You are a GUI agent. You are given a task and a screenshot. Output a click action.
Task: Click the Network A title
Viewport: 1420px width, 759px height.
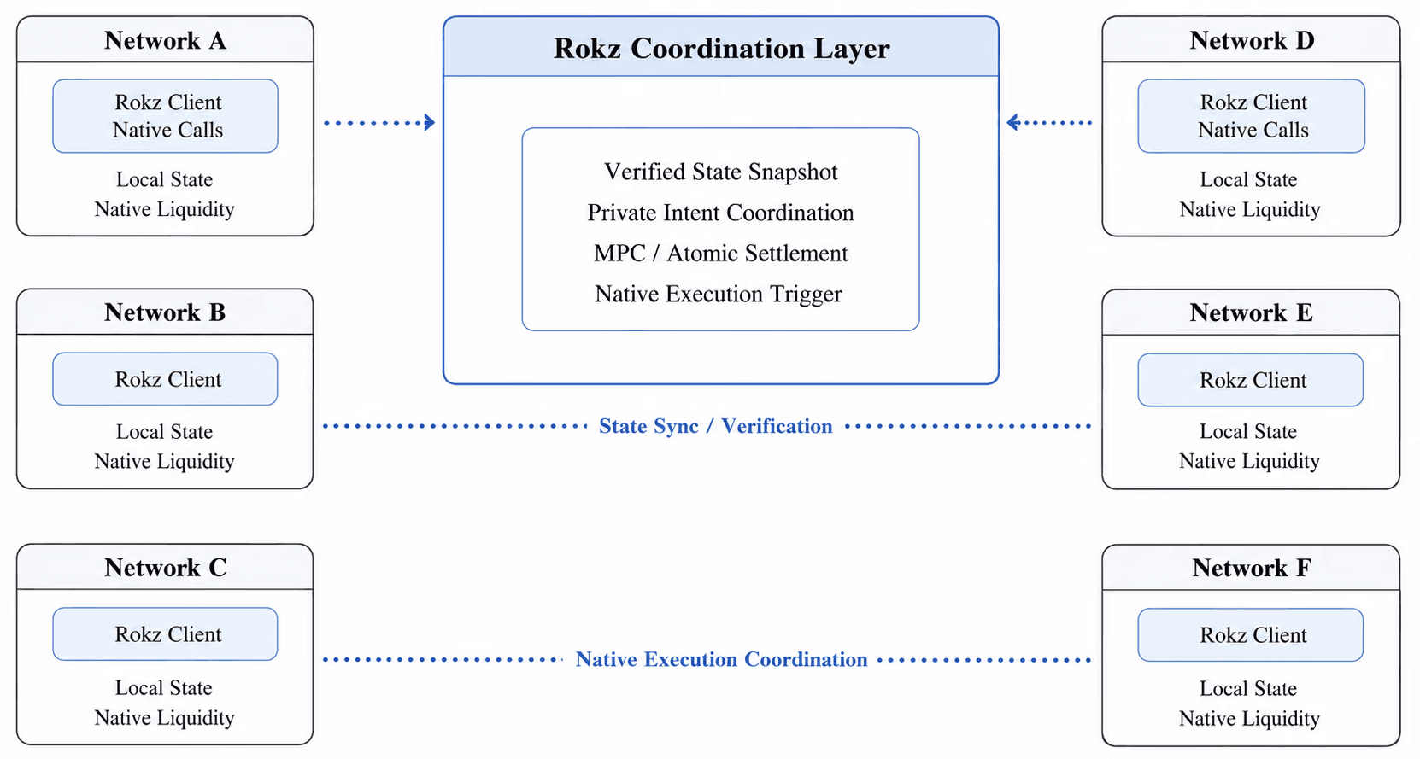click(x=165, y=40)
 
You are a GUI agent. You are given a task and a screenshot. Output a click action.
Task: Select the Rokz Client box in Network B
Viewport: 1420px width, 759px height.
click(x=166, y=379)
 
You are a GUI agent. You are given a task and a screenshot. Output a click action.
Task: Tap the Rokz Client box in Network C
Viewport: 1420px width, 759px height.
click(x=166, y=634)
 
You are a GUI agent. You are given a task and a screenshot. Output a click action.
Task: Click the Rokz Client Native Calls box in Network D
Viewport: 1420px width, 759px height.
click(x=1252, y=116)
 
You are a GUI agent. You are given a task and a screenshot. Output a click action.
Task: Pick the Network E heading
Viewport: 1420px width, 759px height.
click(x=1251, y=312)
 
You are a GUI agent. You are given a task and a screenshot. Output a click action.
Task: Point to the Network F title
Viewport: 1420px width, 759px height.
click(x=1252, y=568)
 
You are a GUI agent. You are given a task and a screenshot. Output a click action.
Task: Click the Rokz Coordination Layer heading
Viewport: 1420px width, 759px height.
click(x=721, y=49)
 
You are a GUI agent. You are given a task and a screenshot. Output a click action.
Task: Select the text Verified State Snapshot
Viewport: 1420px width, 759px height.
click(x=721, y=172)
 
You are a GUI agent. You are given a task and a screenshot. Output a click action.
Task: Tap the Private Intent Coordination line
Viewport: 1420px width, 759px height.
click(x=721, y=213)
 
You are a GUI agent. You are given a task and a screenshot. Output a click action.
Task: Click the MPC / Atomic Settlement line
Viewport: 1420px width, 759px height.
click(x=721, y=254)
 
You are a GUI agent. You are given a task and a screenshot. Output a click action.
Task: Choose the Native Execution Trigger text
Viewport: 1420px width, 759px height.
click(x=719, y=294)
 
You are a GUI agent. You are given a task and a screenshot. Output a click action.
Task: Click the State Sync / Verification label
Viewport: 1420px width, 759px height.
click(x=716, y=426)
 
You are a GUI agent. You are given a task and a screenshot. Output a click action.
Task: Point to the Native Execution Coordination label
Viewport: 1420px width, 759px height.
click(x=721, y=659)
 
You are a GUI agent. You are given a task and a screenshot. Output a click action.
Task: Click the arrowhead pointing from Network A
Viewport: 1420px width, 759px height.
click(x=430, y=122)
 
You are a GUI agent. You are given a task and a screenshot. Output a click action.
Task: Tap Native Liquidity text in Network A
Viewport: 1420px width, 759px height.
click(x=164, y=210)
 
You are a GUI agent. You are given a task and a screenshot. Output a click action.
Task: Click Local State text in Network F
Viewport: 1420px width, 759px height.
click(x=1248, y=689)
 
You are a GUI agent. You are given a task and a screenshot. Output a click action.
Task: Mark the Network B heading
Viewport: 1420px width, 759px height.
click(x=165, y=312)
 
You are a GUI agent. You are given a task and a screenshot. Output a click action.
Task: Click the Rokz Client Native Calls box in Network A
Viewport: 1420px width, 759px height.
click(x=166, y=116)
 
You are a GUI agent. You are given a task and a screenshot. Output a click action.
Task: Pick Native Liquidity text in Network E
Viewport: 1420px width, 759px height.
click(x=1249, y=461)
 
